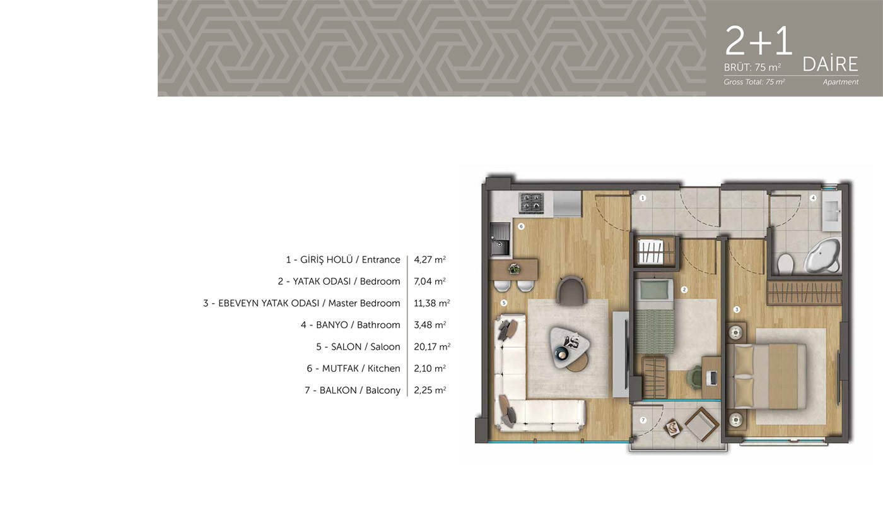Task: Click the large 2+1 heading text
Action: tap(758, 40)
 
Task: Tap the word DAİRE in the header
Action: tap(830, 64)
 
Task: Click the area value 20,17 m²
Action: tap(432, 347)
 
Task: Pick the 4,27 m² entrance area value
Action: tap(430, 259)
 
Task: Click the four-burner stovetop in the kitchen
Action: tap(531, 203)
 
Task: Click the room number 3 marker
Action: tap(737, 310)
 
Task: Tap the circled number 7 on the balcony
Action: tap(643, 420)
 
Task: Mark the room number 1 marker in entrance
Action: tap(643, 198)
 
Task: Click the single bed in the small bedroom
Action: tap(655, 316)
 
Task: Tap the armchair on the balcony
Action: tap(702, 424)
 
